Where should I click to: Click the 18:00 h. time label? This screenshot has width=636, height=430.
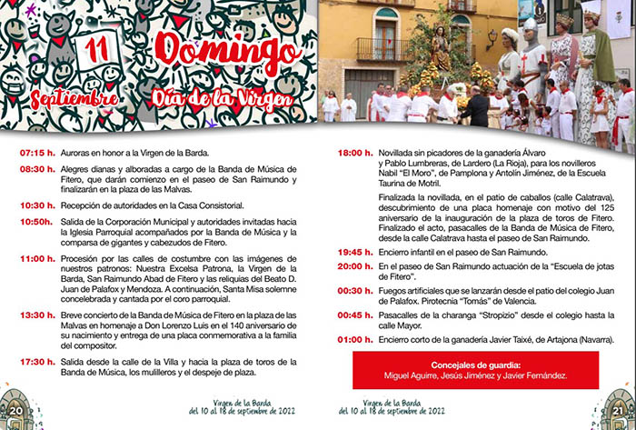[354, 153]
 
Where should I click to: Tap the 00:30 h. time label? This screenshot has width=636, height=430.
[354, 292]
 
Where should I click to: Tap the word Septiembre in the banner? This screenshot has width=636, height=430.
[74, 95]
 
